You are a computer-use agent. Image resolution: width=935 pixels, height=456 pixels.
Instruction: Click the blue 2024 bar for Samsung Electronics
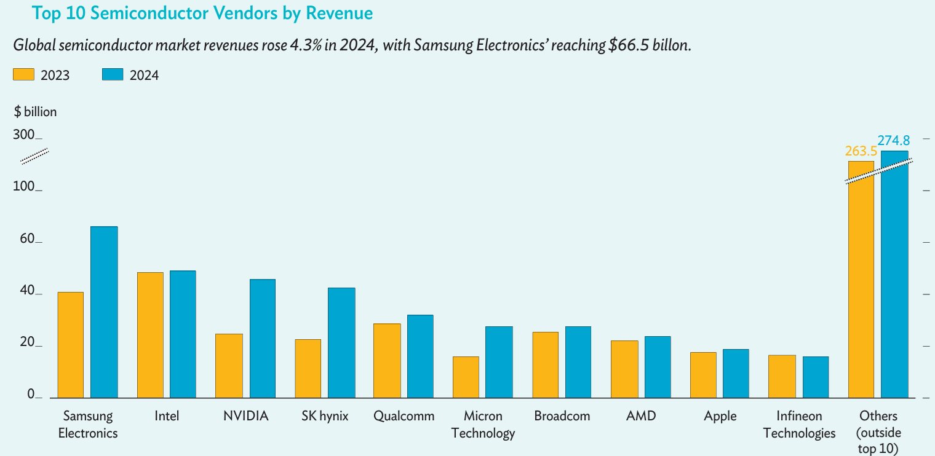[104, 312]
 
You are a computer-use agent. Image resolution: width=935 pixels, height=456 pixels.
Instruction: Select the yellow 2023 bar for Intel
[150, 335]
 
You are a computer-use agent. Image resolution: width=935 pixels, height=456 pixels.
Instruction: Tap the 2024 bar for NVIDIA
[262, 339]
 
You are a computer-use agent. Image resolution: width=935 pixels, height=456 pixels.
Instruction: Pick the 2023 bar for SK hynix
[308, 369]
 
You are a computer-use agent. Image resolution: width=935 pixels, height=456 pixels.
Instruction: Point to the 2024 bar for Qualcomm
[420, 356]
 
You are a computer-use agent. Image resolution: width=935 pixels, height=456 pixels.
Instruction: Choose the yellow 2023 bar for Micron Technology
[466, 377]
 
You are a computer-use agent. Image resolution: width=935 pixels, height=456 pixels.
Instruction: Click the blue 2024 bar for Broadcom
[578, 362]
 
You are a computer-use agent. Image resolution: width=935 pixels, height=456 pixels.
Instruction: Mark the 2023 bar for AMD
[624, 369]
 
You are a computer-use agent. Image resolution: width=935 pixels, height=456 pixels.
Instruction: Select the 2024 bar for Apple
[736, 374]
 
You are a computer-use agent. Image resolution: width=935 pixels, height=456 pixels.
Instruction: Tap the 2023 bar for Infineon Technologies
[782, 377]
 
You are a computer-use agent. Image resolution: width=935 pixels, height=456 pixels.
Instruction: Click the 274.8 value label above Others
[894, 141]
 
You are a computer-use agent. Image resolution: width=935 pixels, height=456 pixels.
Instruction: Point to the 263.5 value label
[860, 151]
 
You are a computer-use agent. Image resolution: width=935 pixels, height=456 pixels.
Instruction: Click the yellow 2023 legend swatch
[23, 75]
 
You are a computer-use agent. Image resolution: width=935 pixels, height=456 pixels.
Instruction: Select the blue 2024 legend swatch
[113, 75]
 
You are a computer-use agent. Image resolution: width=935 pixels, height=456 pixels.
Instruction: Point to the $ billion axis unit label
[35, 112]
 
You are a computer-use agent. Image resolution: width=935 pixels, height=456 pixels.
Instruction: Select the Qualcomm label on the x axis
[404, 416]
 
